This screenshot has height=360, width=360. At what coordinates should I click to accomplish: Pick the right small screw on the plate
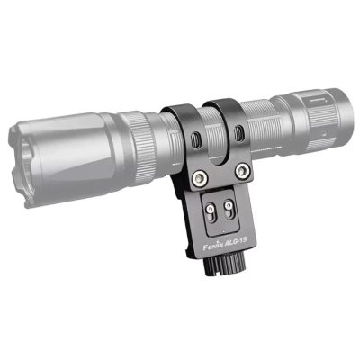tap(229, 205)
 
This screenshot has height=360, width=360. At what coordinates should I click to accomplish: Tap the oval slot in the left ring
tap(194, 139)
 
